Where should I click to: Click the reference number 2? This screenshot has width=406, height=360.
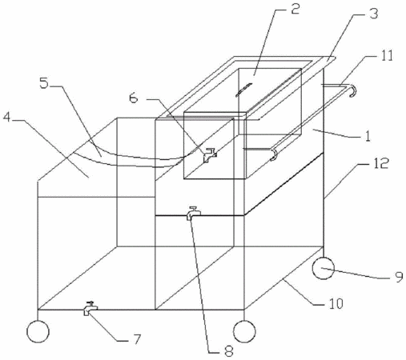point(295,9)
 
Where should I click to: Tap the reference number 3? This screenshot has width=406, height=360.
point(374,14)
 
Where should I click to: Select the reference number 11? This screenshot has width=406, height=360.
point(387,56)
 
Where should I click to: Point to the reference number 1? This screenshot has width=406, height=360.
point(368,136)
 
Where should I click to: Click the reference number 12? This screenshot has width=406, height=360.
point(380,163)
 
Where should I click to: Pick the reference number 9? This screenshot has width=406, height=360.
point(399,277)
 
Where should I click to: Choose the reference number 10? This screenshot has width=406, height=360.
point(336,303)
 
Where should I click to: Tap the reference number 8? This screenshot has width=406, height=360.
point(229,350)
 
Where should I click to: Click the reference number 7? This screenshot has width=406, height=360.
point(136,338)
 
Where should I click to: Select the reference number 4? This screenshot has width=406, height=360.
point(7,117)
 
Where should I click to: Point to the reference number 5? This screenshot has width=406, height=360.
point(44,82)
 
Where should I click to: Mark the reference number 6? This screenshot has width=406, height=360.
point(134,98)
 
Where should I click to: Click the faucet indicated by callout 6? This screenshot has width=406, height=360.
point(210,154)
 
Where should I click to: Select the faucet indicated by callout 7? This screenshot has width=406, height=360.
point(90,308)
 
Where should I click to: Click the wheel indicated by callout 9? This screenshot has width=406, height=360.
point(323,268)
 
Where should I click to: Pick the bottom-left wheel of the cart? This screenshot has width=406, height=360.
point(38,331)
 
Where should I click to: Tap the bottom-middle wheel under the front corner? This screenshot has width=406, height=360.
point(244,331)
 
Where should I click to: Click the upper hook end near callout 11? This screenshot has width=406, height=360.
point(353,90)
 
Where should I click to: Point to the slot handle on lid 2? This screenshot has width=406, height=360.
point(243,90)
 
